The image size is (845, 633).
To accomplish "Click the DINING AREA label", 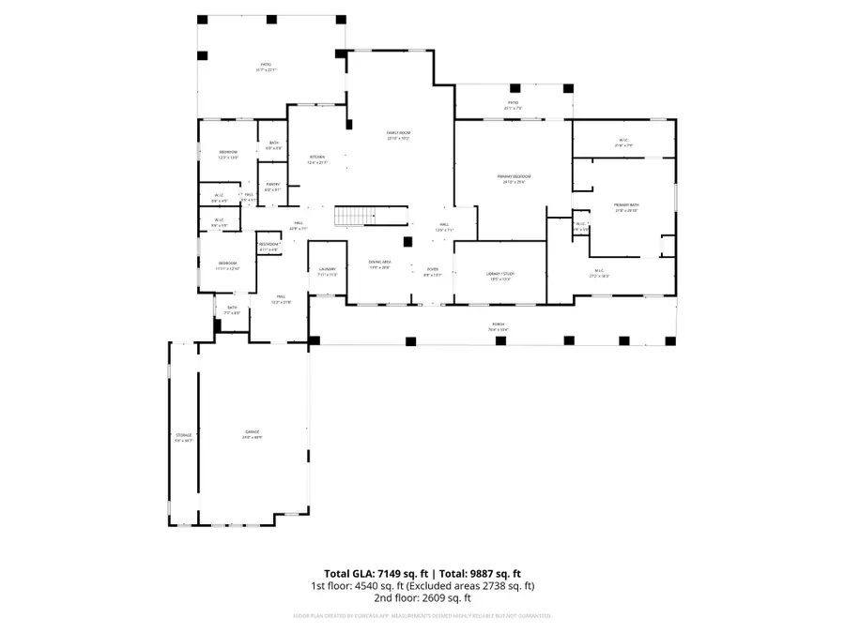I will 379,264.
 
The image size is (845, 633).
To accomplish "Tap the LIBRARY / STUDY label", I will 500,274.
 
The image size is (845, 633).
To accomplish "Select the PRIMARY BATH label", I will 626,207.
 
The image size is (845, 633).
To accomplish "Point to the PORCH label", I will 497,327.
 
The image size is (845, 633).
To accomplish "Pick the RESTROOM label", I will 269,247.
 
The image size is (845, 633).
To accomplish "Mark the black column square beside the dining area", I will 407,241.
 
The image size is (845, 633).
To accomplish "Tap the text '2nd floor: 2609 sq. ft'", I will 422,597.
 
